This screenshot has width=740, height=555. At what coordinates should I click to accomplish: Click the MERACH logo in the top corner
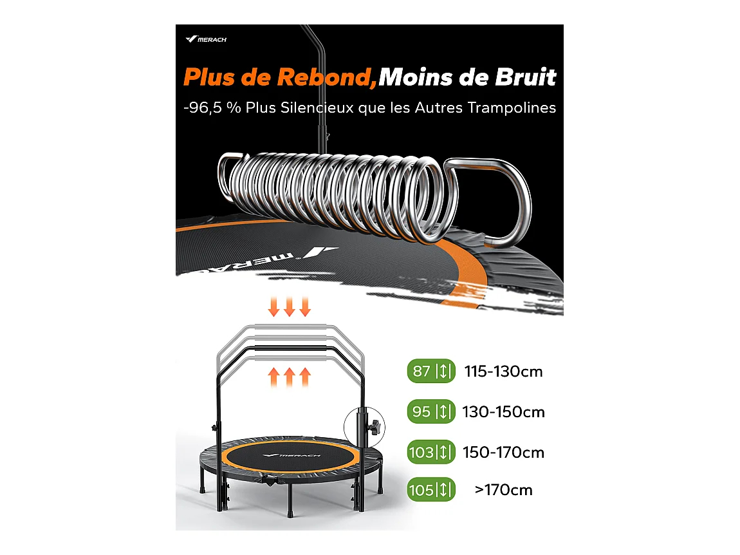tap(206, 39)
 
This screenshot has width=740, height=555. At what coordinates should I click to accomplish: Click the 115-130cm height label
tap(503, 372)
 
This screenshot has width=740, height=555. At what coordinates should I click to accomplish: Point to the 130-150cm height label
tap(503, 412)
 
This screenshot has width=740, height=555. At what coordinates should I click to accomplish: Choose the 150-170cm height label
tap(503, 452)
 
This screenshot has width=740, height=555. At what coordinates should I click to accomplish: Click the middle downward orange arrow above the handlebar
tap(290, 306)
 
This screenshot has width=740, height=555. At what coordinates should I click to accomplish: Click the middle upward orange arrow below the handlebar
tap(290, 375)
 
